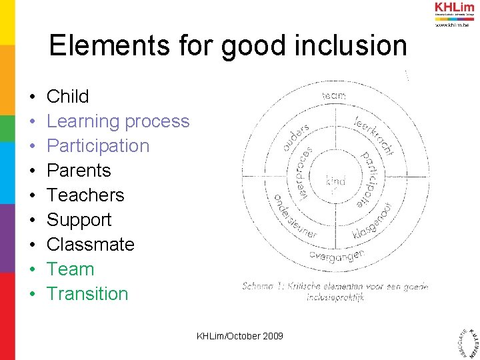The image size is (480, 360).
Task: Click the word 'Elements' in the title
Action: coord(97,46)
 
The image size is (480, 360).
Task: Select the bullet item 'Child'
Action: coord(67,97)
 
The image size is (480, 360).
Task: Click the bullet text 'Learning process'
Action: coord(118,121)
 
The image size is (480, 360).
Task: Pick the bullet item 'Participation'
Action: coord(98,146)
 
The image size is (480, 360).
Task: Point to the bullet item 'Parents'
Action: coord(79,171)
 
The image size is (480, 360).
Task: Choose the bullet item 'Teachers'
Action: coord(85,195)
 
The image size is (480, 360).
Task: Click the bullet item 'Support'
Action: coord(79,220)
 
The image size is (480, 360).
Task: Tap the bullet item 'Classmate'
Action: coord(90,245)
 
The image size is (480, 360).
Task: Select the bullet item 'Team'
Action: coord(70,269)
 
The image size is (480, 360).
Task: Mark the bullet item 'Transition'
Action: coord(87,294)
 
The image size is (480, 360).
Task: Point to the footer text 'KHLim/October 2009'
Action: coord(240,336)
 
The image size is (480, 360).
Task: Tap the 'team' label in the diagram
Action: coord(334,96)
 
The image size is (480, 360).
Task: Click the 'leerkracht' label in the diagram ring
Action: coord(373,133)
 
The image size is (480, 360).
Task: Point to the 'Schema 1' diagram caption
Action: coord(335,291)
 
